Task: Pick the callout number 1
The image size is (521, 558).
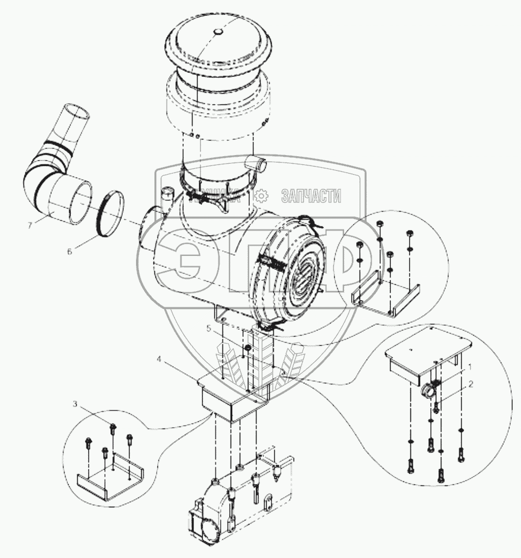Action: pos(470,366)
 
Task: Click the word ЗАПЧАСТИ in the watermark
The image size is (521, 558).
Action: pos(312,196)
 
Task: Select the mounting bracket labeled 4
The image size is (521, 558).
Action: pos(231,398)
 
